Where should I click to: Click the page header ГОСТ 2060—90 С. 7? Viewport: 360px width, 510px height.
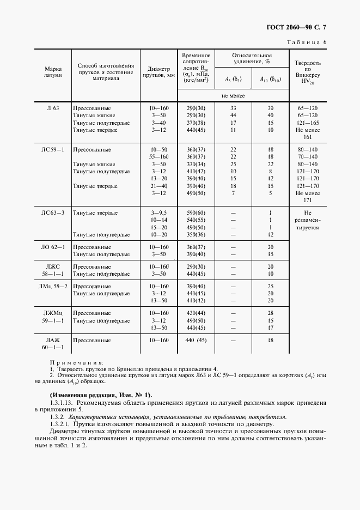click(x=300, y=26)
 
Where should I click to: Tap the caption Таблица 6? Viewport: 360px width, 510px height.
click(x=307, y=42)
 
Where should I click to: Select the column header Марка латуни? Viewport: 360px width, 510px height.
click(x=53, y=72)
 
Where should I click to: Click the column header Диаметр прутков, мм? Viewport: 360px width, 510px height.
click(x=159, y=72)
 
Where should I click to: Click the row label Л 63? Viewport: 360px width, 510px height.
click(x=53, y=108)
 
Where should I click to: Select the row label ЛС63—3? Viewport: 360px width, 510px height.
click(x=53, y=212)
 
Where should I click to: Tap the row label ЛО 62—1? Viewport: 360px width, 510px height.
click(x=53, y=247)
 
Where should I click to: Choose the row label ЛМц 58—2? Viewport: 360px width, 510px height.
click(x=53, y=286)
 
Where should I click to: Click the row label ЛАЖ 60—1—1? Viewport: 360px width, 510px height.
click(x=53, y=343)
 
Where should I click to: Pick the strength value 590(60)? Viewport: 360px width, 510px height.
click(x=196, y=212)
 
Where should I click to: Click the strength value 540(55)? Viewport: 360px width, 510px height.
click(x=196, y=220)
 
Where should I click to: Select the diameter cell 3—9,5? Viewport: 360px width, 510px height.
click(x=159, y=212)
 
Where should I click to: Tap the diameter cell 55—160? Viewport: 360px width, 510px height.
click(x=159, y=156)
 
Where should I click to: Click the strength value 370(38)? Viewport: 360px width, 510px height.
click(x=196, y=123)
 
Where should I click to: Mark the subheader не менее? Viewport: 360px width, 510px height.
click(x=233, y=96)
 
